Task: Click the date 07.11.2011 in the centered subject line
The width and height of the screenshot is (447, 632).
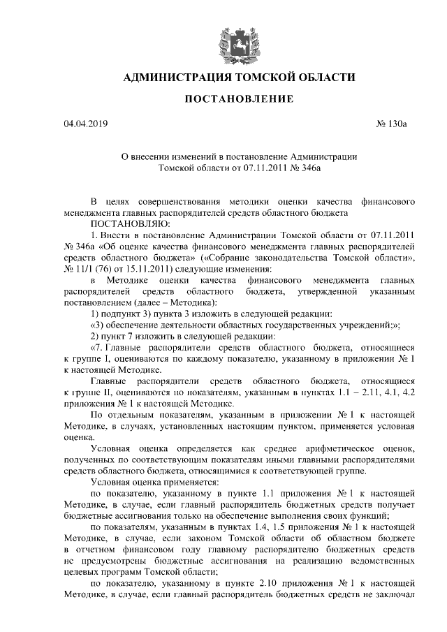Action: (x=266, y=168)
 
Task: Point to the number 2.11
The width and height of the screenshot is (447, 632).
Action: (x=363, y=392)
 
